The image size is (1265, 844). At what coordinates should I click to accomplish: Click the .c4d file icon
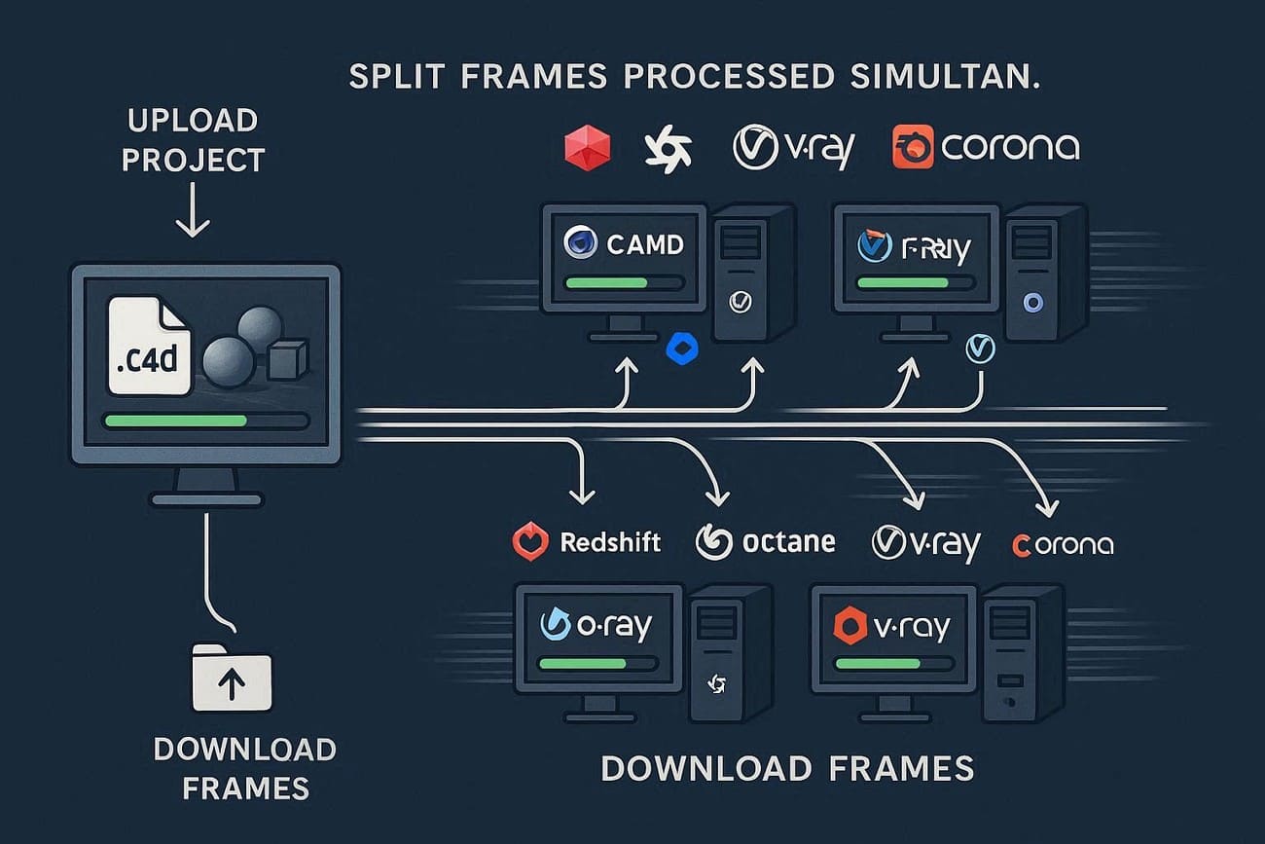[x=148, y=346]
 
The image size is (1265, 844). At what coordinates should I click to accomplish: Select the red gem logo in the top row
[x=588, y=148]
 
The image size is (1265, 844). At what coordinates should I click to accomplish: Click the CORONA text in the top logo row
[x=1010, y=148]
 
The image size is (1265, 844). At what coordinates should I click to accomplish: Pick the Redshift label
[x=610, y=542]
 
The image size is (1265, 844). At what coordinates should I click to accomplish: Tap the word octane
[x=788, y=541]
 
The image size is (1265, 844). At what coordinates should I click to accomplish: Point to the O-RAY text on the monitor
[x=611, y=626]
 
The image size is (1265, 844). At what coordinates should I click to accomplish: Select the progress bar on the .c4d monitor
[x=205, y=422]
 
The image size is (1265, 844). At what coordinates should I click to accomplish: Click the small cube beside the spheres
[x=287, y=359]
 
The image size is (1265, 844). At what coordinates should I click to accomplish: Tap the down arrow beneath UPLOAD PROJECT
[x=193, y=211]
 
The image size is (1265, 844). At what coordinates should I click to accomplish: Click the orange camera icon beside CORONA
[x=913, y=148]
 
